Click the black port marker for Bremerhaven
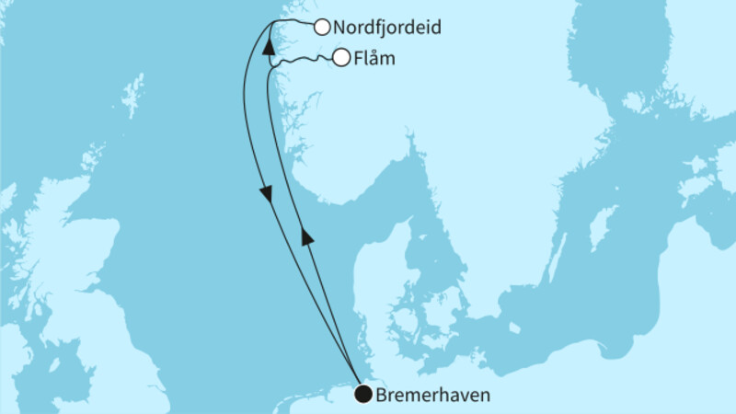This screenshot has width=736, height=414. [x=364, y=395]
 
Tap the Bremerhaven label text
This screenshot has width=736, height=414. [x=432, y=396]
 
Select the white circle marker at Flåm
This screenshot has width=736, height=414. [x=341, y=58]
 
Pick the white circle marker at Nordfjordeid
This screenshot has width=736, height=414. [x=322, y=28]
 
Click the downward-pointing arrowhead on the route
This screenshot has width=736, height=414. [x=265, y=193]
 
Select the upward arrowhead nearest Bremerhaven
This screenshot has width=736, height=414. [x=308, y=237]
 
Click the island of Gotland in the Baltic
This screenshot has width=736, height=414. [x=603, y=225]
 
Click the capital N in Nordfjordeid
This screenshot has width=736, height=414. [x=340, y=28]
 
